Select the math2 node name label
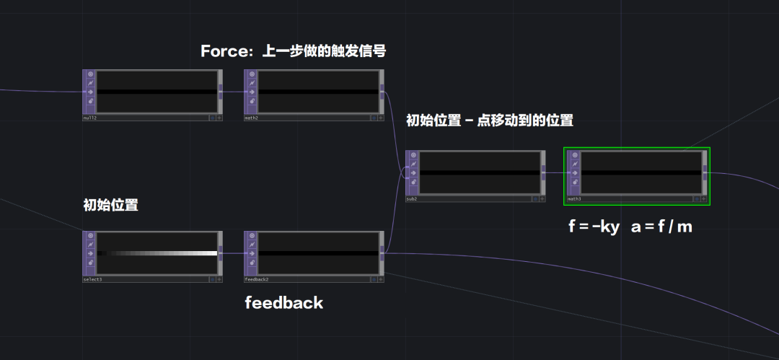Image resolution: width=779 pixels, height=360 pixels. coord(251,118)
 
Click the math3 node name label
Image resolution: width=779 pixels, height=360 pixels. coord(574,198)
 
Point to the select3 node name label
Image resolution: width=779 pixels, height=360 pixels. coord(92,279)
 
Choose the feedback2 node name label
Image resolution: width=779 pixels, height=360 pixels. coord(256,279)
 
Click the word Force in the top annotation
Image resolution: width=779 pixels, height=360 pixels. coord(222,51)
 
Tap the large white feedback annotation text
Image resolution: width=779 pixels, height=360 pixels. coord(284,303)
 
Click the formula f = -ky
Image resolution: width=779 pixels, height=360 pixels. coord(594,227)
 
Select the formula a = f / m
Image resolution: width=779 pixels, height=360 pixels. coord(661,227)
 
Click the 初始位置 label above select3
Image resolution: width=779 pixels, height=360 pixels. coord(110,205)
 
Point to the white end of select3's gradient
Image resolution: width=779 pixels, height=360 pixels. coord(214,253)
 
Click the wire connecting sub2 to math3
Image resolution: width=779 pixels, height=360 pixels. coord(555,172)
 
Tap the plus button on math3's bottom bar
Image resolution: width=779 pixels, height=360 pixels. coord(704,198)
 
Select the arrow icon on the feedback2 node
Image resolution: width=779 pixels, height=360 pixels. coord(252,253)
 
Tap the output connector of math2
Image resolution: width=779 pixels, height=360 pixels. coord(382,92)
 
